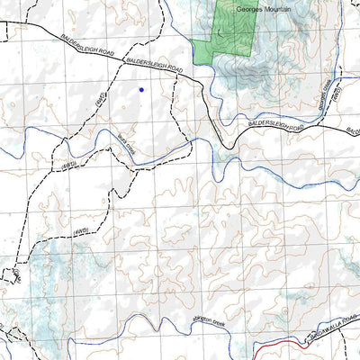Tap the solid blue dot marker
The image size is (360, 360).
[141, 90]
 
